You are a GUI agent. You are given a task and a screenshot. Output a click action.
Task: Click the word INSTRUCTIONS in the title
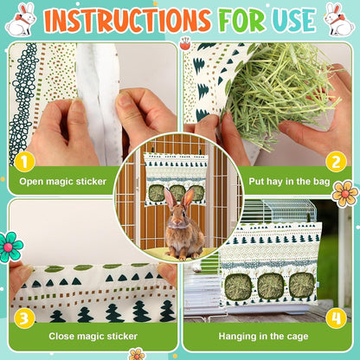click(x=128, y=20)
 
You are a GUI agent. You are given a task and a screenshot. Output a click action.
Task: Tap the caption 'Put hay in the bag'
click(x=283, y=183)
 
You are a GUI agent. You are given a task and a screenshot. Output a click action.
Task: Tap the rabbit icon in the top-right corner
click(x=338, y=19)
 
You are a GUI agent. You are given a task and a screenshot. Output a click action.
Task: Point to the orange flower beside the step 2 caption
click(x=344, y=193)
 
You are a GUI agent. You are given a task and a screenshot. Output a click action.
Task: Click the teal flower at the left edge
click(x=10, y=247)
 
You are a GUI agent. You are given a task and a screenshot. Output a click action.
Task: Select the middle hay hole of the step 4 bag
click(x=271, y=285)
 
